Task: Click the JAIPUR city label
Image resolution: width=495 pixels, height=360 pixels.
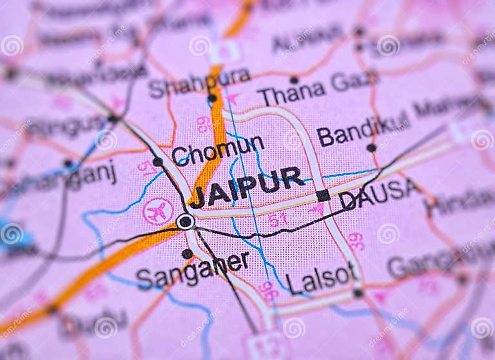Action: (247, 187)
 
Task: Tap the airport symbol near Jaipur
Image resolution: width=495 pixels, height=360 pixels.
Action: (157, 211)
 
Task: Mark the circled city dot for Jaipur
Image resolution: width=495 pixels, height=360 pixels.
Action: (186, 222)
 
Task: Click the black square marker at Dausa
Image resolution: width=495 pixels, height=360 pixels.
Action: (323, 195)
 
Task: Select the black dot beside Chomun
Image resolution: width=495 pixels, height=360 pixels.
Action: (158, 162)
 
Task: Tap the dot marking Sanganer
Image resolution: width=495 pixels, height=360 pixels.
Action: (187, 253)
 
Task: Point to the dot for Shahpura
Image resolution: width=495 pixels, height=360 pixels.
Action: (212, 98)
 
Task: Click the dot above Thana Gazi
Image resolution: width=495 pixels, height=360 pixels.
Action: (294, 80)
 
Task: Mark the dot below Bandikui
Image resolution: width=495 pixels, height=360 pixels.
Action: (371, 147)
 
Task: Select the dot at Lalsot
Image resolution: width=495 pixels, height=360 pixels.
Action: (358, 293)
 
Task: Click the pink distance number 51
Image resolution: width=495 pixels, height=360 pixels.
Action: (278, 220)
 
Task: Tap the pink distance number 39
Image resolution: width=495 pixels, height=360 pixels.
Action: (356, 242)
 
